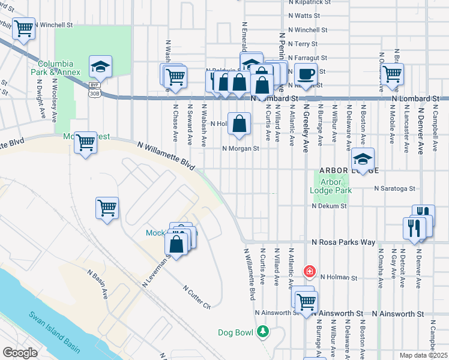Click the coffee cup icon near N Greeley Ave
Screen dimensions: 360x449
pyautogui.click(x=306, y=74)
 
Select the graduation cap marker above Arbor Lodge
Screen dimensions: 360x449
pyautogui.click(x=363, y=159)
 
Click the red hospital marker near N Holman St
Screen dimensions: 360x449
pyautogui.click(x=310, y=272)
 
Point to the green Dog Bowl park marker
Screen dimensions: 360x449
pyautogui.click(x=262, y=331)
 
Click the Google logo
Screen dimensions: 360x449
pyautogui.click(x=20, y=353)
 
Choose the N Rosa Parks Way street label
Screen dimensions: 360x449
pyautogui.click(x=343, y=242)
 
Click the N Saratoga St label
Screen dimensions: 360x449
pyautogui.click(x=394, y=188)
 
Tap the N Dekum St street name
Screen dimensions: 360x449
pyautogui.click(x=329, y=206)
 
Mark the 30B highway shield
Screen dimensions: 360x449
pyautogui.click(x=94, y=94)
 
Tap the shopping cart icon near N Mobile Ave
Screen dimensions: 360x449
pyautogui.click(x=393, y=74)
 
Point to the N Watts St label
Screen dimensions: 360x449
pyautogui.click(x=307, y=16)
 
